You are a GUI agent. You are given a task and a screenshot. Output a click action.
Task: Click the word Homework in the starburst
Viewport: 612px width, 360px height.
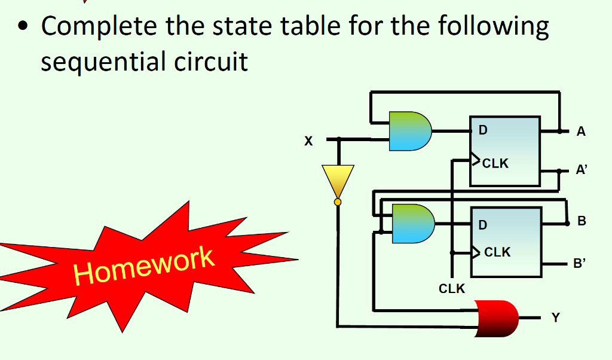click(143, 264)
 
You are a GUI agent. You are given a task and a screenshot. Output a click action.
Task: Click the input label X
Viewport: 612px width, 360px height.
click(308, 142)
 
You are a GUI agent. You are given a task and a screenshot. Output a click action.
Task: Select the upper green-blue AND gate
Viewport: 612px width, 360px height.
click(409, 130)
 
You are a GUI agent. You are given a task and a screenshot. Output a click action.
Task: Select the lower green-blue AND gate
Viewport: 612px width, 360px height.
click(412, 224)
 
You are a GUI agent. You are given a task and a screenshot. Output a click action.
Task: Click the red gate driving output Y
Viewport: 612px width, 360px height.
click(497, 318)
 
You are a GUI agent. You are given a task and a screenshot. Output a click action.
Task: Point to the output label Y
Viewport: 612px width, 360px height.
click(556, 318)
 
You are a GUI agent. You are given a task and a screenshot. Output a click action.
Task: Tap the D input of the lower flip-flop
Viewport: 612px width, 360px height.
click(484, 225)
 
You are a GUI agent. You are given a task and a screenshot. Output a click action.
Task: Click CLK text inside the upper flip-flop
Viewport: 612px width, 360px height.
click(495, 163)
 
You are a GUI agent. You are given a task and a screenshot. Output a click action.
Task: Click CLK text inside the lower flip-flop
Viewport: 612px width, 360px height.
click(497, 252)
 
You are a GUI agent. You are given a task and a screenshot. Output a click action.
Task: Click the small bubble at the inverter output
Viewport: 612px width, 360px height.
click(338, 202)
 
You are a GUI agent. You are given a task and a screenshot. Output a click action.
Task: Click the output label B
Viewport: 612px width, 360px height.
click(582, 222)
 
